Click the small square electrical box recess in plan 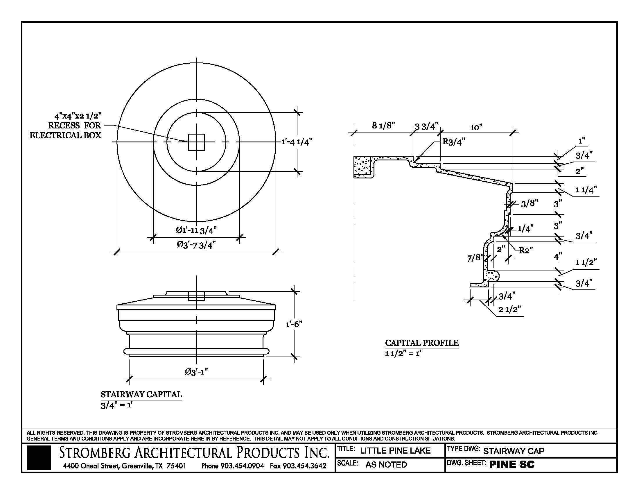point(196,142)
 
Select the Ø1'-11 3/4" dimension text point(196,230)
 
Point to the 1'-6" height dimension point(294,324)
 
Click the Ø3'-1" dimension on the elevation point(196,372)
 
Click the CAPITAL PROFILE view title point(422,343)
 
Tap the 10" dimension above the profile point(476,127)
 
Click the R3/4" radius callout point(453,142)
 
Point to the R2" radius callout point(526,250)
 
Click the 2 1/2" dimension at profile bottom point(510,309)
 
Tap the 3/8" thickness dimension point(529,203)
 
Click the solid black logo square point(39,458)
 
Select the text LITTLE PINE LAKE point(395,451)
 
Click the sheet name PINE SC point(512,464)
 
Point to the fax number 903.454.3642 point(298,466)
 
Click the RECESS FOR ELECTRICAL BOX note point(66,126)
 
